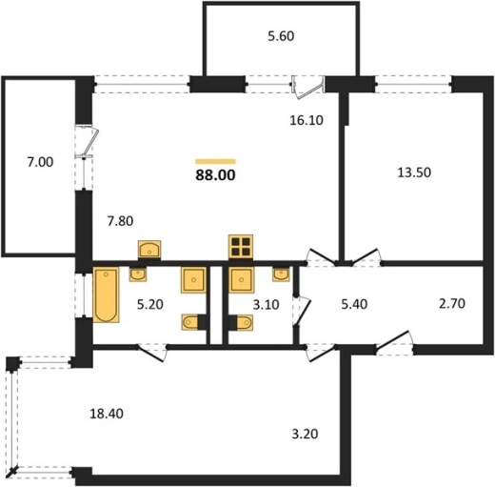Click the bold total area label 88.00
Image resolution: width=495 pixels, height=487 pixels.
coord(215,175)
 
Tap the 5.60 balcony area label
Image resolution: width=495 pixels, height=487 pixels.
coord(281,36)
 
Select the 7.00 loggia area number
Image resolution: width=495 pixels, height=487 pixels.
coord(40,162)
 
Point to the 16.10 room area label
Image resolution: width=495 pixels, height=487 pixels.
coord(307,120)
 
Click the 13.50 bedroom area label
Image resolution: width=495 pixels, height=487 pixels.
coord(414,172)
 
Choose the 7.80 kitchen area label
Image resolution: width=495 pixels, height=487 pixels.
coord(120,221)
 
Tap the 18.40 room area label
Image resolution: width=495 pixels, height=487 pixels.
coord(107,414)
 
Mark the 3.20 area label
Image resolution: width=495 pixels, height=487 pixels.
coord(305,434)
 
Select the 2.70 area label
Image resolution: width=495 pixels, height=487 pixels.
coord(452,303)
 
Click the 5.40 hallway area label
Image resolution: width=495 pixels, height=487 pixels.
coord(354,304)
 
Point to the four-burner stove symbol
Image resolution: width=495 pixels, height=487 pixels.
coord(241,246)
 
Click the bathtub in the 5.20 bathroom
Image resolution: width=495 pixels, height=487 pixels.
coord(106,294)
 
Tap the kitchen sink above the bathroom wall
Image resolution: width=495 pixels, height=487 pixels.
coord(149,250)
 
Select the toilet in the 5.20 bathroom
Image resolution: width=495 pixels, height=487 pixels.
coord(193,322)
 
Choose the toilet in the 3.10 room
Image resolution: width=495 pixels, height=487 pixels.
coord(241,323)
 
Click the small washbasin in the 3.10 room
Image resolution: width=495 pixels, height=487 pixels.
coord(281,274)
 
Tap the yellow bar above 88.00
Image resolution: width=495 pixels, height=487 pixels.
coord(215,161)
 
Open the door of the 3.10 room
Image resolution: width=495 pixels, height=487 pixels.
coord(301,312)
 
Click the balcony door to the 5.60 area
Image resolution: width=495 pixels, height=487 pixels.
coord(307,88)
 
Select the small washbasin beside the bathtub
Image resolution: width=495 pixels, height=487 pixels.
coord(138,274)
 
